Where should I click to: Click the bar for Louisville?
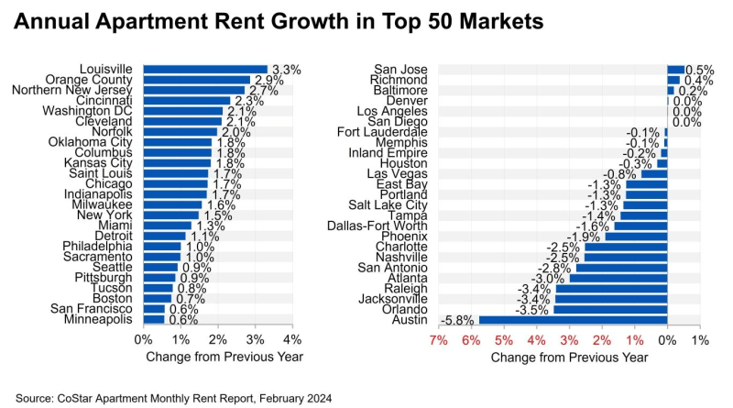click(205, 69)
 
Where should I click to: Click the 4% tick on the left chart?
click(292, 339)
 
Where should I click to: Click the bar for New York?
click(171, 215)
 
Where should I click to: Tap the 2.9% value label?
click(268, 80)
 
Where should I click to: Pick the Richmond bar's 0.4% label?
click(699, 80)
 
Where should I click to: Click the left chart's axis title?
click(216, 357)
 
